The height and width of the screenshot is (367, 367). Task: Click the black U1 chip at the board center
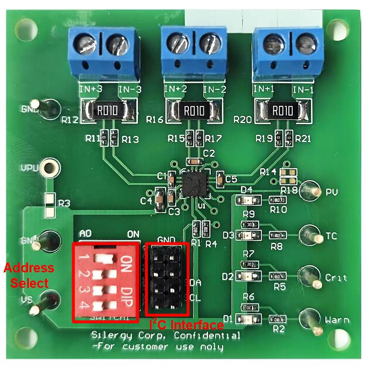[195, 184]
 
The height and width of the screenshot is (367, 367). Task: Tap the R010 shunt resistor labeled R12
[106, 111]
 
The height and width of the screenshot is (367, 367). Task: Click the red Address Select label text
[29, 275]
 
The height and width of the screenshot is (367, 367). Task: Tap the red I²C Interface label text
[186, 324]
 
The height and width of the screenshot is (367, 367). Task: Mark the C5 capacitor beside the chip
[221, 179]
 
